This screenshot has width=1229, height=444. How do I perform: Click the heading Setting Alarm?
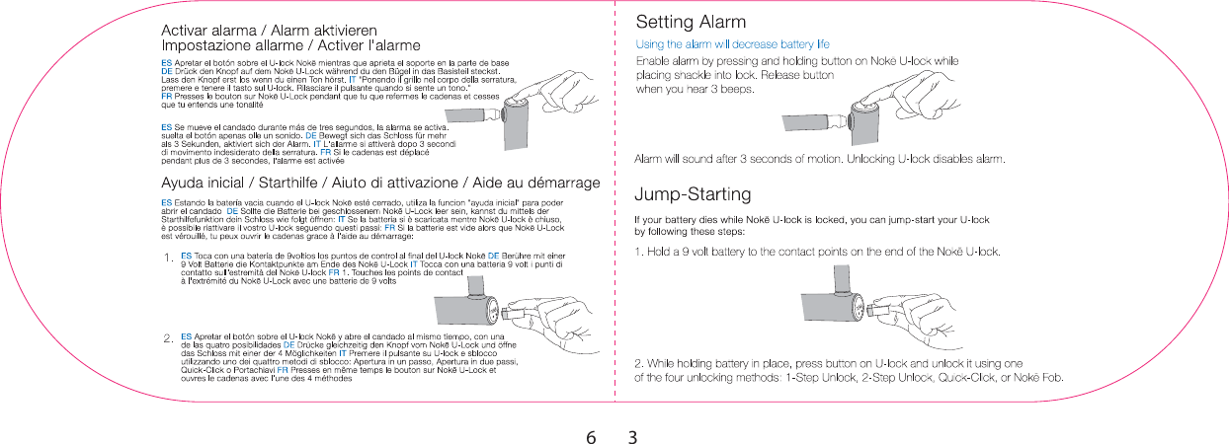click(691, 22)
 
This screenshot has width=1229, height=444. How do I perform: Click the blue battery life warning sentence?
click(731, 44)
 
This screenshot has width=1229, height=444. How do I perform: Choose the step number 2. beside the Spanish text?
click(168, 338)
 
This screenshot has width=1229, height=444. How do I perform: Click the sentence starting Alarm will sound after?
click(819, 158)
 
